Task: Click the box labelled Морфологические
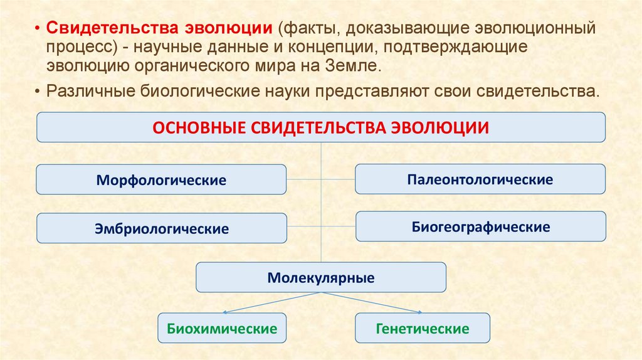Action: [x=161, y=180]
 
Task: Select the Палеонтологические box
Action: [x=480, y=179]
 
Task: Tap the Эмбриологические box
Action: [x=161, y=228]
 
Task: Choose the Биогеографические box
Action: [x=481, y=226]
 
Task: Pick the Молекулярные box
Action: [x=321, y=277]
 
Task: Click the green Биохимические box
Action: [x=222, y=328]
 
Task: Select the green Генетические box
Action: [x=423, y=328]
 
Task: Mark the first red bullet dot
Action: [x=38, y=30]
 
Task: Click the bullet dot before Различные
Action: [x=38, y=90]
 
